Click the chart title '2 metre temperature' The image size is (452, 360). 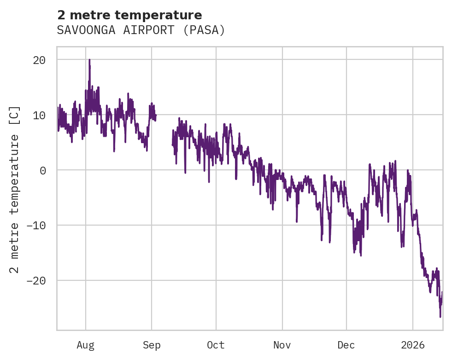coord(129,15)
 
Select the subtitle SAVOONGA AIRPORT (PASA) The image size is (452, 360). coord(141,30)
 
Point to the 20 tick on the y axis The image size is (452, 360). coord(39,60)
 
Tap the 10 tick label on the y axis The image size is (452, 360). coord(39,115)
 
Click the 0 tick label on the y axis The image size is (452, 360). coord(42,170)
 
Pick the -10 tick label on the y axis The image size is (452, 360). coord(36,226)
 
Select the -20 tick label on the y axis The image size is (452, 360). coord(36,281)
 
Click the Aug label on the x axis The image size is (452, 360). coord(86,345)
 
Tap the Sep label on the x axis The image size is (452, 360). coord(152,345)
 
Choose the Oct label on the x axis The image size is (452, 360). coord(216,345)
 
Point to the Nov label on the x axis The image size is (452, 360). coord(282,345)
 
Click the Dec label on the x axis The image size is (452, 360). coord(346,345)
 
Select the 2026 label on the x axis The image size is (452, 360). coord(413,345)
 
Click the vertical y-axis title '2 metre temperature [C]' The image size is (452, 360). coord(15,189)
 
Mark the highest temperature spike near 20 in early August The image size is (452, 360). coord(89,60)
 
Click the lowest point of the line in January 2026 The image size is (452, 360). coord(440,317)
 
